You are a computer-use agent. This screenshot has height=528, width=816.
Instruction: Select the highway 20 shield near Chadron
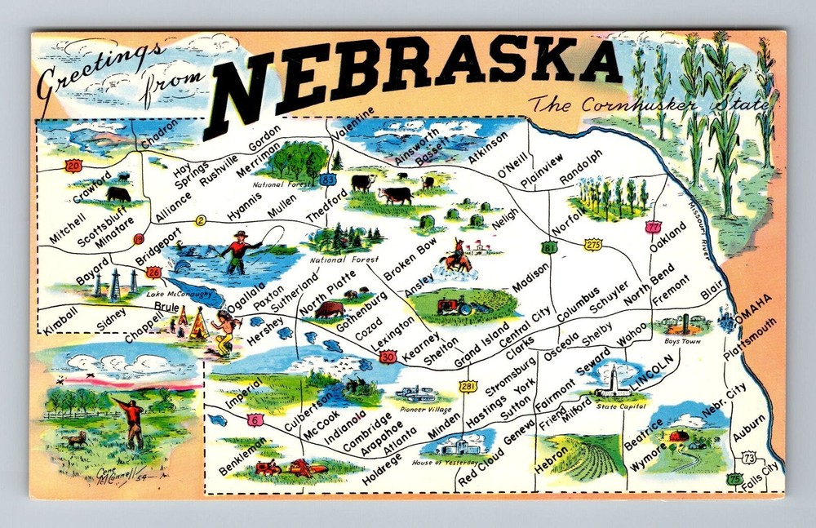pos(74,166)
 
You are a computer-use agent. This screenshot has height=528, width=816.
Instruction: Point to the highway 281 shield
pos(467,384)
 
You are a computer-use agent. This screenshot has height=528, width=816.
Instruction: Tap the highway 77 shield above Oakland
pos(652,226)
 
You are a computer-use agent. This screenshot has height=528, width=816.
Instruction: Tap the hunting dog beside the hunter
pos(76,440)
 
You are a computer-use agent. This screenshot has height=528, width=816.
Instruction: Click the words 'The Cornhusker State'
pos(649,105)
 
